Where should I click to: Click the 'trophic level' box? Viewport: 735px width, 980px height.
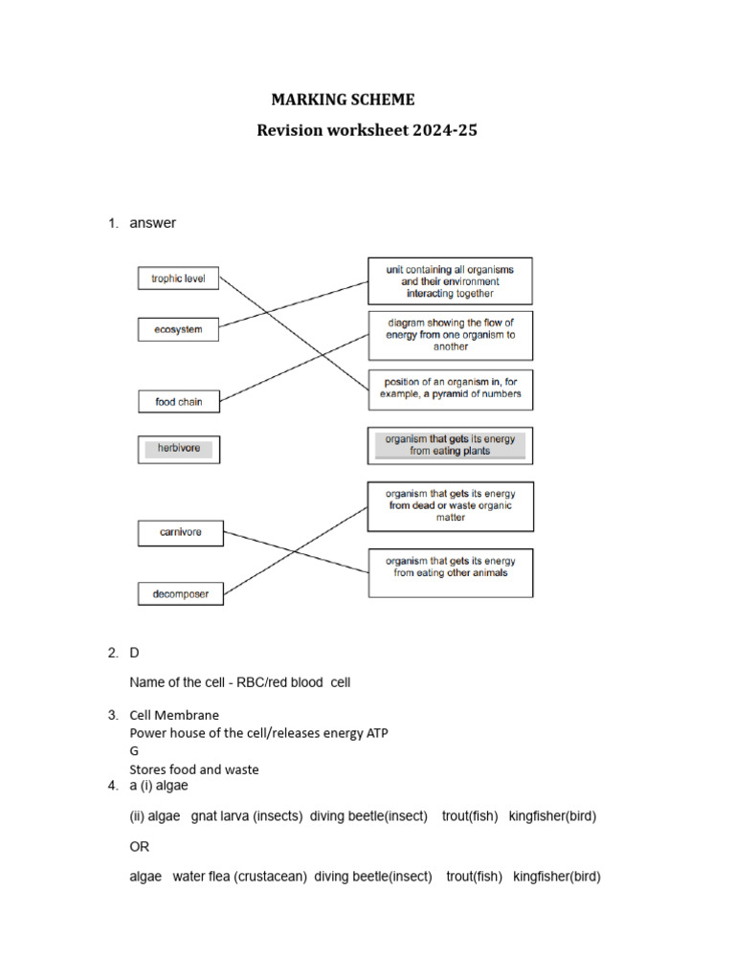click(x=178, y=279)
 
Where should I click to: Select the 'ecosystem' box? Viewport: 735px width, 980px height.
click(x=178, y=330)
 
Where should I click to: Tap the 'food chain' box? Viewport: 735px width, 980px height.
click(x=178, y=402)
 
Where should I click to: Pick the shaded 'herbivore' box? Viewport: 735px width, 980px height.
click(x=178, y=449)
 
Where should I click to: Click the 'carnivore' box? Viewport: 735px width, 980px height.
click(x=181, y=532)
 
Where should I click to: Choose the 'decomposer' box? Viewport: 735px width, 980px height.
click(x=180, y=594)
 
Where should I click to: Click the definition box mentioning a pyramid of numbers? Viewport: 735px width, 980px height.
click(x=450, y=389)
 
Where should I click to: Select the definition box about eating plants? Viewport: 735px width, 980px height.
click(x=450, y=445)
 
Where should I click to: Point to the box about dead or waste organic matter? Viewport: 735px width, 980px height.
click(x=450, y=506)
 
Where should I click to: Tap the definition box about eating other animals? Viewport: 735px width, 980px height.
click(x=450, y=571)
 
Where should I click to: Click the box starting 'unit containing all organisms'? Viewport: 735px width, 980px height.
click(x=450, y=281)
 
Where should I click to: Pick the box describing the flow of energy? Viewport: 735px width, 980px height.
click(x=450, y=335)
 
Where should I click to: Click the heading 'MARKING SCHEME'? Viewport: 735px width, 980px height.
click(x=344, y=100)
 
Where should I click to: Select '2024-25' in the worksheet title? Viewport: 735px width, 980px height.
click(x=446, y=130)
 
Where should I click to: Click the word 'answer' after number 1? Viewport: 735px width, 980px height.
click(x=153, y=223)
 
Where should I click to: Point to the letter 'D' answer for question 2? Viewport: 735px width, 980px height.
click(x=135, y=653)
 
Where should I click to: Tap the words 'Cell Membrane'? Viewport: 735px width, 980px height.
click(x=174, y=715)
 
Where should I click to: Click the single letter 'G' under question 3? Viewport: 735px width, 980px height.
click(x=135, y=751)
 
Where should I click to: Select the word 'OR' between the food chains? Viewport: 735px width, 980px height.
click(x=140, y=847)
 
